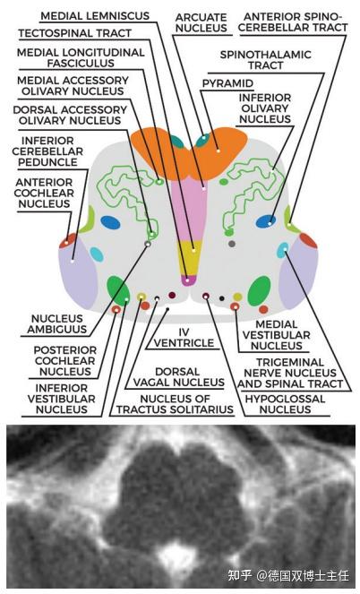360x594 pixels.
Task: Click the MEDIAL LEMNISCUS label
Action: click(x=95, y=16)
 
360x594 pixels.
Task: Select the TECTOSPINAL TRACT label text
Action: click(x=75, y=33)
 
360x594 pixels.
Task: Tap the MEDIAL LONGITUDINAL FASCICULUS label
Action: click(x=81, y=57)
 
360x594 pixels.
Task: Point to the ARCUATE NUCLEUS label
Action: click(x=201, y=22)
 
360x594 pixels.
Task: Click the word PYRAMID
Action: click(x=227, y=83)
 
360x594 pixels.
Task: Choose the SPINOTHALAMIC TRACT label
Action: click(x=266, y=60)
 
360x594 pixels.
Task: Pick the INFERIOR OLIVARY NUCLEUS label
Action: click(x=265, y=108)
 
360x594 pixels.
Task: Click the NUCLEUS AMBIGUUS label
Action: click(x=57, y=324)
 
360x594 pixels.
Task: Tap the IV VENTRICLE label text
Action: click(x=184, y=338)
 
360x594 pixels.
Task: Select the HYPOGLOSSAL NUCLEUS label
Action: click(x=285, y=404)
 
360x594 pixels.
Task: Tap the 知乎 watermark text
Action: click(x=240, y=576)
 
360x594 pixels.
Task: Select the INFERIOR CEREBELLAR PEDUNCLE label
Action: click(x=47, y=151)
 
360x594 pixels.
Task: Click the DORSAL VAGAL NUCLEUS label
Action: click(x=179, y=377)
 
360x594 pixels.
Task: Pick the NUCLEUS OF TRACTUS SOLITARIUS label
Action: click(x=175, y=404)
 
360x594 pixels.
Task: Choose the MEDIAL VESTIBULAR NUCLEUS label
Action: click(x=277, y=335)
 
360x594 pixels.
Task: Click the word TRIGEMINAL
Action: click(x=290, y=363)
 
